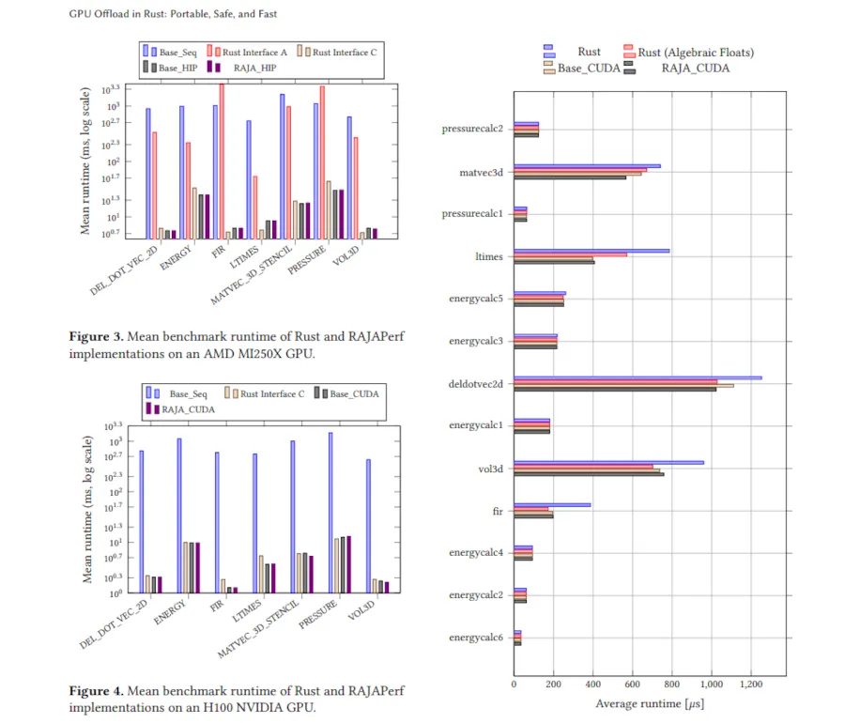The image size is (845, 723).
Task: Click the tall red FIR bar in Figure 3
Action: (x=222, y=162)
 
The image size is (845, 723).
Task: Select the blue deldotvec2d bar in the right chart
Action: (x=638, y=377)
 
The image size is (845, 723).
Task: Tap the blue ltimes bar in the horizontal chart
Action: (x=591, y=251)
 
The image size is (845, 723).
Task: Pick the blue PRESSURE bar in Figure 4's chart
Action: (x=330, y=513)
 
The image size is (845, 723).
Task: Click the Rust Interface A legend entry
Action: (x=247, y=53)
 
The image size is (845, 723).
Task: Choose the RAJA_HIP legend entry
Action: (x=242, y=68)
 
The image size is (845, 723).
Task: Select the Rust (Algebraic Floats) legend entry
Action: (x=689, y=52)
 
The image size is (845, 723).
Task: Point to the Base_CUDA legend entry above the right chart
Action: (x=582, y=68)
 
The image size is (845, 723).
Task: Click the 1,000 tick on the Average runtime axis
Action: (x=712, y=685)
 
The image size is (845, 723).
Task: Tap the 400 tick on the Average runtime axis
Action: (x=592, y=685)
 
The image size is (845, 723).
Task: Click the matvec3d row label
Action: (x=482, y=173)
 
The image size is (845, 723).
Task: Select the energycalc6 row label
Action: (x=476, y=638)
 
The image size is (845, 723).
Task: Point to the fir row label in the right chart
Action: (x=498, y=511)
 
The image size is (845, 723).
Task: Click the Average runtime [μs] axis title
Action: (x=650, y=703)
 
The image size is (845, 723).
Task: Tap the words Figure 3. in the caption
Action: (x=97, y=336)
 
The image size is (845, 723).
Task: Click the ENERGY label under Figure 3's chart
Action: (x=176, y=257)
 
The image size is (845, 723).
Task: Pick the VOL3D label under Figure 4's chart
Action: (x=361, y=610)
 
